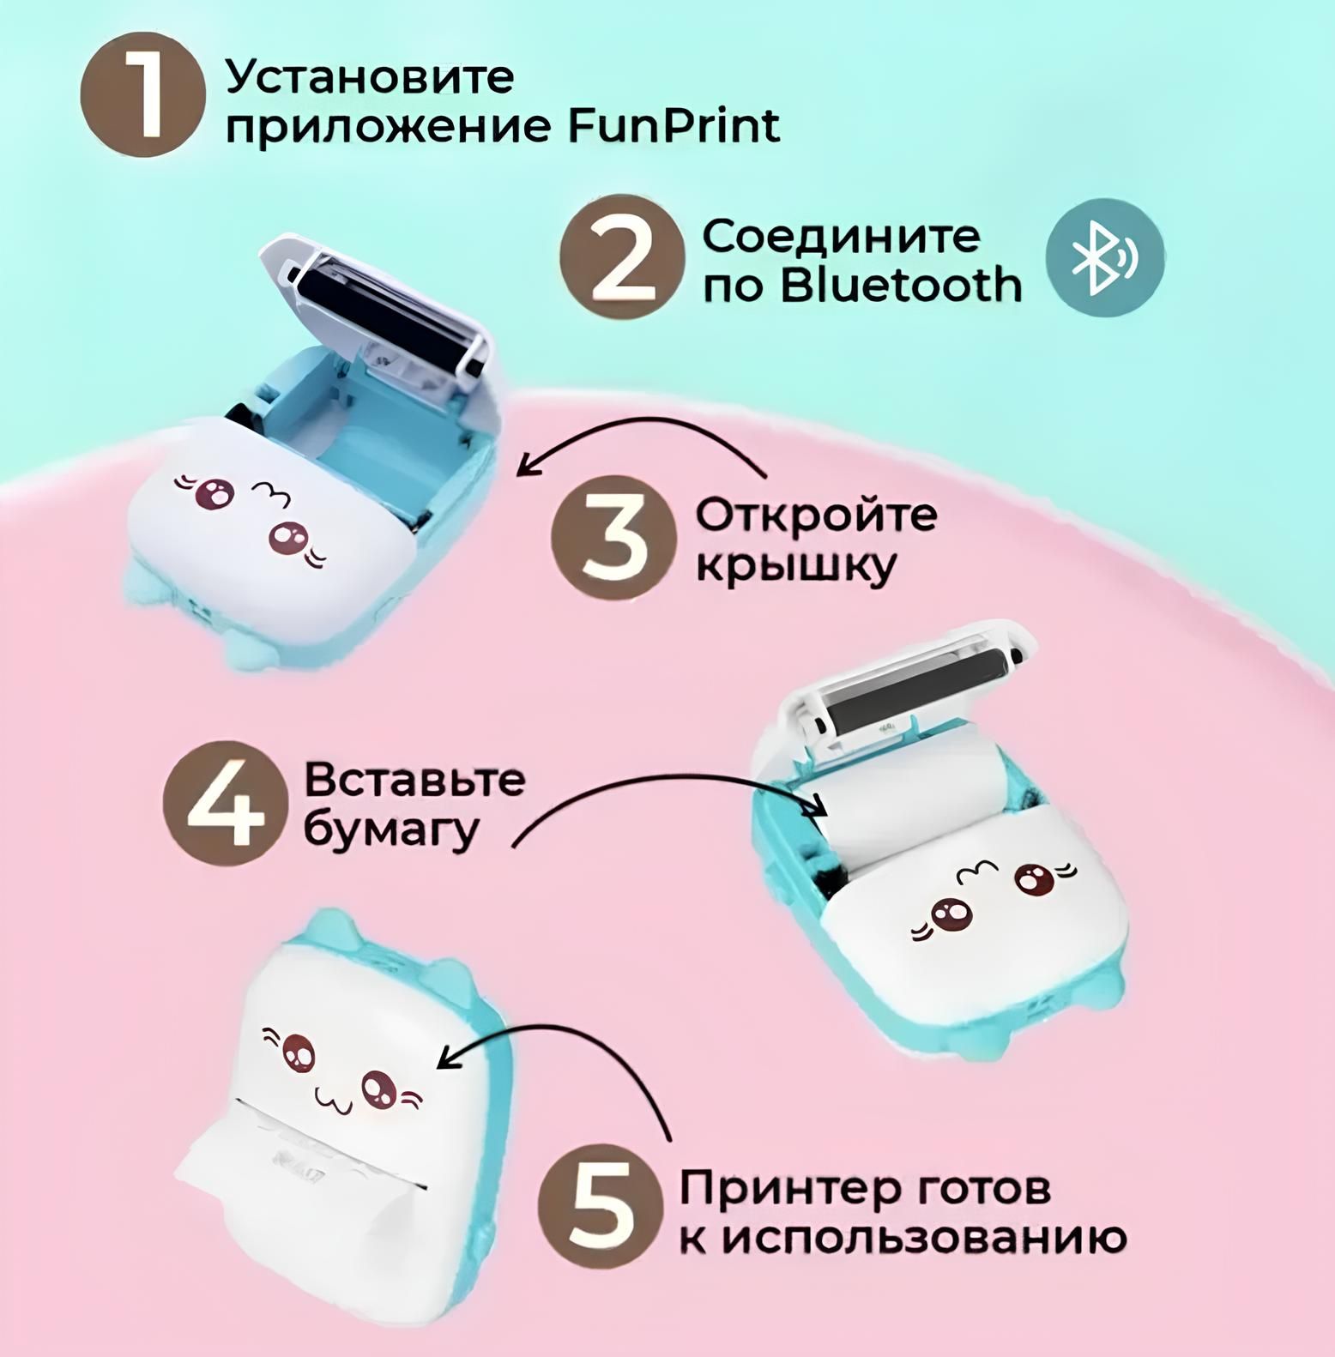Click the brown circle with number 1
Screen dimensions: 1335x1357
(143, 94)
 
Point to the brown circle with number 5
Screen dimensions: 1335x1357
(601, 1207)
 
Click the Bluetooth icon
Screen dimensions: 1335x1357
(1105, 257)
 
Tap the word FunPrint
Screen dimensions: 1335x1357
(673, 127)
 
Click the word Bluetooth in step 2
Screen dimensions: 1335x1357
(901, 285)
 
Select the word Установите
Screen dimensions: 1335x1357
(370, 76)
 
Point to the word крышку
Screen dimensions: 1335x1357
(795, 567)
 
